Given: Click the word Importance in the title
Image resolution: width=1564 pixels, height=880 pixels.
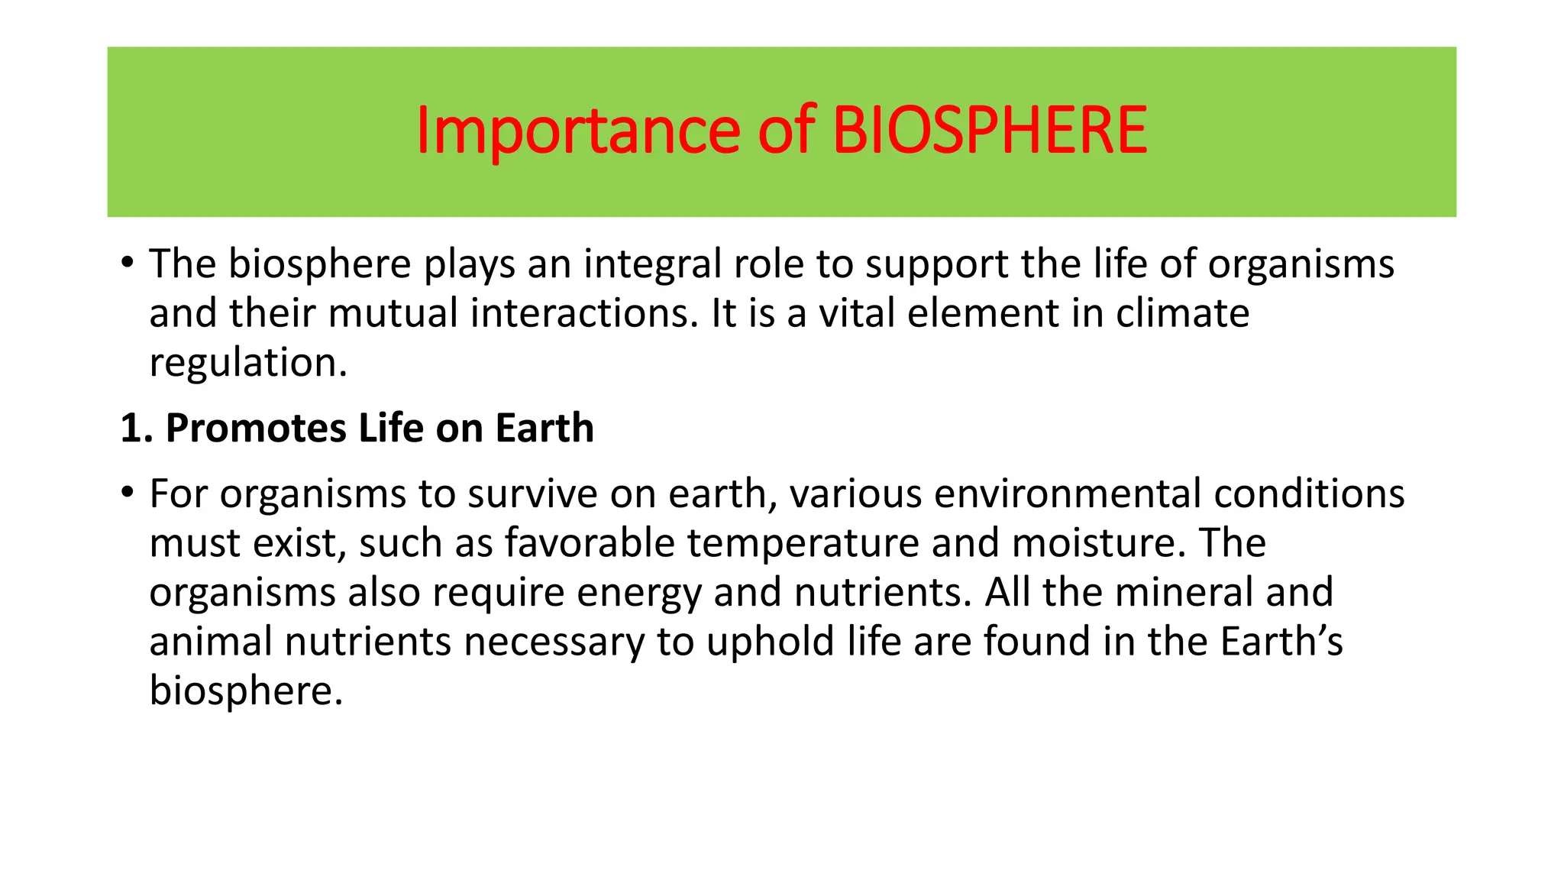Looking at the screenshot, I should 577,131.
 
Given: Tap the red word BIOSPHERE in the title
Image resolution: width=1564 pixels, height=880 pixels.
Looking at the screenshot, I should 989,131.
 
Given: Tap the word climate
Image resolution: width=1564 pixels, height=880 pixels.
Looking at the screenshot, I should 1182,313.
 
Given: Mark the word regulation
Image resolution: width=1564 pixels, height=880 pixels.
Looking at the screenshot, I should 247,363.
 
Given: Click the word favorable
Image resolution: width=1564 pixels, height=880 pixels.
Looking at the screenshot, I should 590,543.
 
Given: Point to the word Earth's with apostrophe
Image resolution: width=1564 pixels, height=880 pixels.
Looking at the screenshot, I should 1281,642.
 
